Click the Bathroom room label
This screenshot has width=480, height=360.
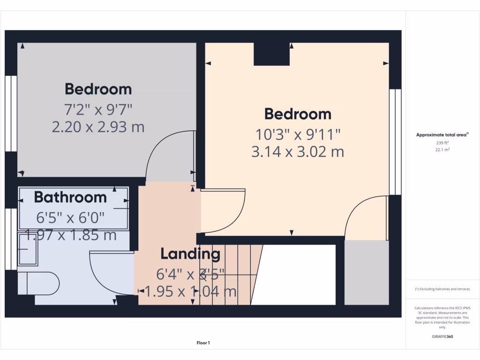pyautogui.click(x=70, y=197)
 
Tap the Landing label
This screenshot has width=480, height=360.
pyautogui.click(x=190, y=254)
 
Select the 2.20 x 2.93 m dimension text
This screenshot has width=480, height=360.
pyautogui.click(x=98, y=127)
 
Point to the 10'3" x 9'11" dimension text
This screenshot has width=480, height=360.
pyautogui.click(x=298, y=135)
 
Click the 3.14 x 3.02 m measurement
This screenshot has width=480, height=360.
pyautogui.click(x=298, y=152)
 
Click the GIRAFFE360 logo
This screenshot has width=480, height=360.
pyautogui.click(x=442, y=337)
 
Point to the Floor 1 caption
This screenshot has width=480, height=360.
pyautogui.click(x=203, y=343)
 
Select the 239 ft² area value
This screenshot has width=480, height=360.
pyautogui.click(x=442, y=142)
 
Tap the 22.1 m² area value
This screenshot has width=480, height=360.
pyautogui.click(x=442, y=150)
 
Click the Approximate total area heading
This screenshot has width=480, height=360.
pyautogui.click(x=442, y=135)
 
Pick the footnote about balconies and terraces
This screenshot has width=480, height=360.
pyautogui.click(x=442, y=289)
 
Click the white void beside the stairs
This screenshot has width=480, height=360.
pyautogui.click(x=298, y=274)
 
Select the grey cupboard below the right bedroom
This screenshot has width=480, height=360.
pyautogui.click(x=367, y=272)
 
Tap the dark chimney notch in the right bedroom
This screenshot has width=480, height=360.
pyautogui.click(x=271, y=54)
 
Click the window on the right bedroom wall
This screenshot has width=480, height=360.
pyautogui.click(x=395, y=142)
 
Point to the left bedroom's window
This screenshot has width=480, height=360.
pyautogui.click(x=11, y=113)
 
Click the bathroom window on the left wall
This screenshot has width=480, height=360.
pyautogui.click(x=11, y=239)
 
